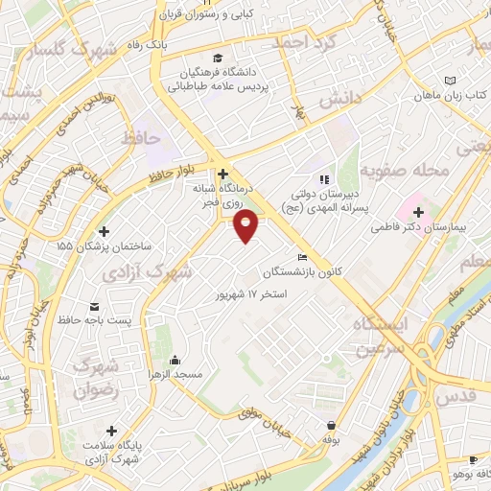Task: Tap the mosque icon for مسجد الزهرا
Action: (x=175, y=361)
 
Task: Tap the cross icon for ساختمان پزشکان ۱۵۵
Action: (x=104, y=231)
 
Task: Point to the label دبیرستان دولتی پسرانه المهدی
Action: (x=329, y=199)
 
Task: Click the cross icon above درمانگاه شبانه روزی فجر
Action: (x=222, y=175)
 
